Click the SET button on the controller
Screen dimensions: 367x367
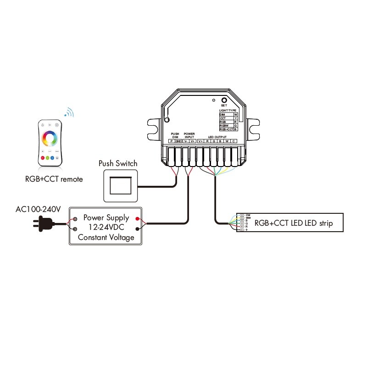coord(224,100)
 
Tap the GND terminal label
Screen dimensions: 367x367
coord(178,141)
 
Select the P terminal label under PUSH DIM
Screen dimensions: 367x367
coord(171,141)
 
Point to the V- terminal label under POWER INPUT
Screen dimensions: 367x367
coord(186,141)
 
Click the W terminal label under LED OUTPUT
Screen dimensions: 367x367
coord(227,141)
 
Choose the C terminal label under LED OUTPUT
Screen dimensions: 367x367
coord(234,141)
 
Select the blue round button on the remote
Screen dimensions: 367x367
coord(52,158)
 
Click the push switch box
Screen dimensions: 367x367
coord(120,185)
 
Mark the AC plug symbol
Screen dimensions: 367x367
coord(42,224)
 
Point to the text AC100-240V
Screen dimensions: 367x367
coord(39,209)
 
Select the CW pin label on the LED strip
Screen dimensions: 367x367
coord(248,215)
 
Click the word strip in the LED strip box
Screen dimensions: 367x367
coord(323,223)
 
